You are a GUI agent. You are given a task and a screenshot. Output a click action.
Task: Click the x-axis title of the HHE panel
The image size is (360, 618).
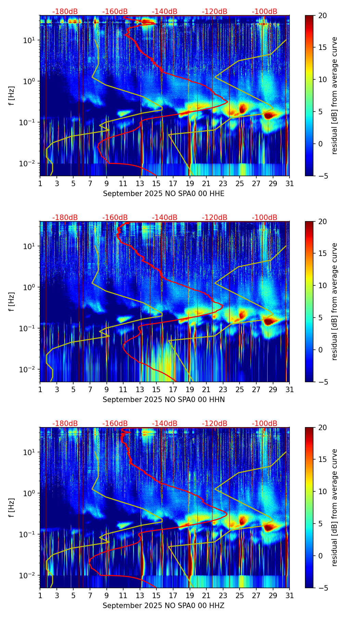pos(164,194)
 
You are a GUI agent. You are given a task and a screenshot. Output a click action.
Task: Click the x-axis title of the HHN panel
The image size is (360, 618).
pos(164,400)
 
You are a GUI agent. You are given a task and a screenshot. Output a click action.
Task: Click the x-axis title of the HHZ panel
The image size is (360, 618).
pos(164,606)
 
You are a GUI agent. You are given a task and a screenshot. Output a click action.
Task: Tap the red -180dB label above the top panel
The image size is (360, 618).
pos(65,12)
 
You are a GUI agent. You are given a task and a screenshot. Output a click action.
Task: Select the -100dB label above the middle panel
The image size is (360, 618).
pos(265,218)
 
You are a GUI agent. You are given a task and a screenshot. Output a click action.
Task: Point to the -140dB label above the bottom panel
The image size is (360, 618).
pos(165,424)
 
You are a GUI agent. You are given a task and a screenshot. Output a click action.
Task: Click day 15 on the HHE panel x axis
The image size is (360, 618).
pos(156,184)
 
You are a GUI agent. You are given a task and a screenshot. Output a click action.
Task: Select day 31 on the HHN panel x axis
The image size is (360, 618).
pos(290,390)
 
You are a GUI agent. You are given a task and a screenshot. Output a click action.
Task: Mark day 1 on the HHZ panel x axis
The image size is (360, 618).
pos(40,596)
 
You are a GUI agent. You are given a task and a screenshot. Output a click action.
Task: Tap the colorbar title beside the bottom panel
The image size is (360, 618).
pos(335,507)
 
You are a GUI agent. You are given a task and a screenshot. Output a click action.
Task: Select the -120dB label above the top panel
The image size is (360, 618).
pos(215,12)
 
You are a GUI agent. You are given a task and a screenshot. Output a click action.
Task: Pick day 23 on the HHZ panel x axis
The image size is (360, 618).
pos(223,596)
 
